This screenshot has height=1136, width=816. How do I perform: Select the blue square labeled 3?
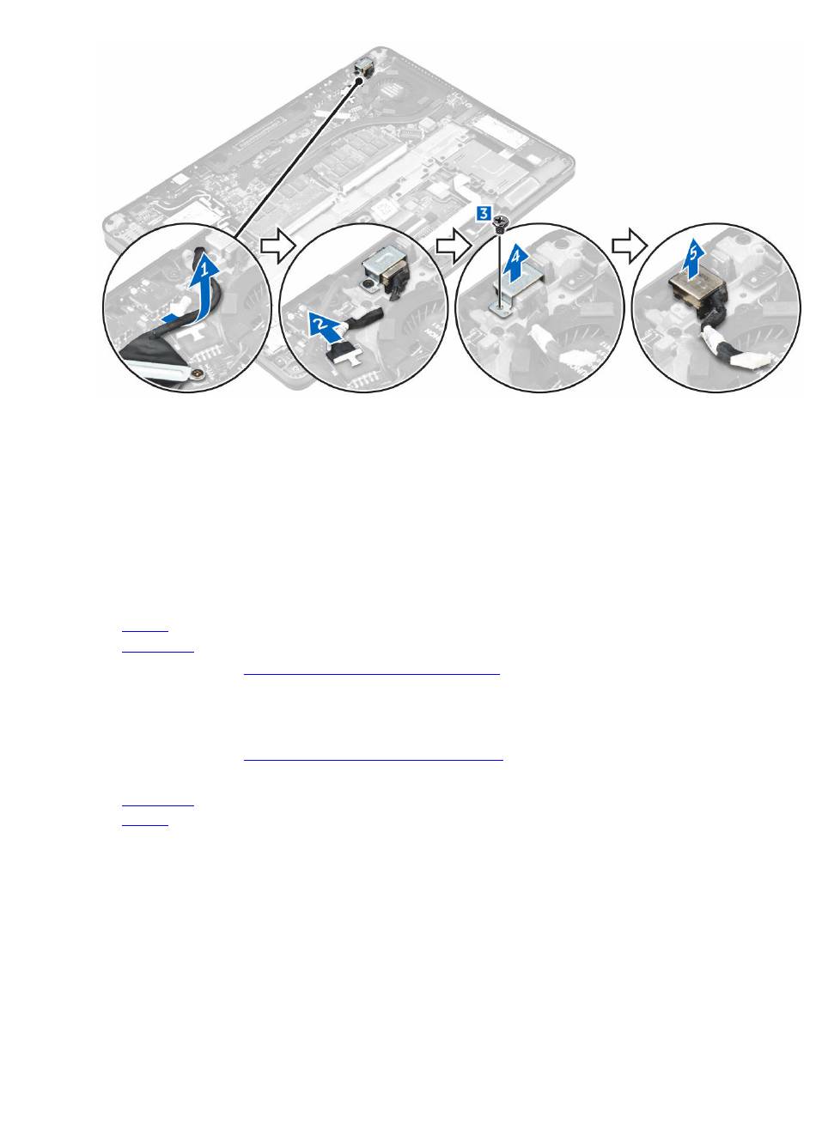tap(484, 214)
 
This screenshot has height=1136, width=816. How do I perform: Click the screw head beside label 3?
tap(499, 220)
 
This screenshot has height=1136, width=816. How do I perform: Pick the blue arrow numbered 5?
tap(695, 259)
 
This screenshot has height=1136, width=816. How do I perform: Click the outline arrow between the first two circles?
tap(277, 246)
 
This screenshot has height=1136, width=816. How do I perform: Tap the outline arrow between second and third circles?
tap(454, 246)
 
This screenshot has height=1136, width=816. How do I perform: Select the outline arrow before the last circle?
tap(630, 246)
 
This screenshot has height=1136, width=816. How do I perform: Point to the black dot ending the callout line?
tap(360, 80)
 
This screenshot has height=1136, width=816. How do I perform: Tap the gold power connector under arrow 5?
tap(697, 292)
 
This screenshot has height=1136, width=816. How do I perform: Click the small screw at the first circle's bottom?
tap(201, 374)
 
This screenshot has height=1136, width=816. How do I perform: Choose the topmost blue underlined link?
tap(145, 631)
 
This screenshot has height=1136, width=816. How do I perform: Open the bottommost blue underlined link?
tap(145, 825)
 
